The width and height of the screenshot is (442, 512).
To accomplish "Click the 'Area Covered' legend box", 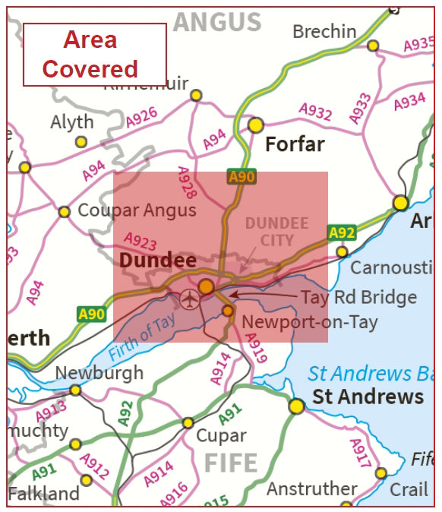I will pyautogui.click(x=94, y=55).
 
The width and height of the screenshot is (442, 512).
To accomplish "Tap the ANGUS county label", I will pyautogui.click(x=216, y=22).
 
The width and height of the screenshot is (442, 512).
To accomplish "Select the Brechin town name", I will pyautogui.click(x=324, y=32).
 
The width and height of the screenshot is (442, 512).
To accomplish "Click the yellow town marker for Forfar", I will pyautogui.click(x=256, y=125).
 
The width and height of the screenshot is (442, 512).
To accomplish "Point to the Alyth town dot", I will pyautogui.click(x=81, y=141).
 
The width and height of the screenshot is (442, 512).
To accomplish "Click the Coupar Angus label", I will pyautogui.click(x=137, y=210).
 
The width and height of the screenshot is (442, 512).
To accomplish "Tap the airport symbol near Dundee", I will pyautogui.click(x=188, y=299).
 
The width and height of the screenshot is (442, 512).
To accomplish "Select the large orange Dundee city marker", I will pyautogui.click(x=206, y=286).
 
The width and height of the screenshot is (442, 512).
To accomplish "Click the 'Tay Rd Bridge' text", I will pyautogui.click(x=358, y=297).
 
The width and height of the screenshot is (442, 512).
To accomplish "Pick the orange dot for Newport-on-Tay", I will pyautogui.click(x=227, y=310).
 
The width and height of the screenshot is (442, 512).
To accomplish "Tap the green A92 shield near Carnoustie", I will pyautogui.click(x=342, y=232).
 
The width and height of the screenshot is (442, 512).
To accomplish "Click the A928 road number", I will pyautogui.click(x=186, y=182).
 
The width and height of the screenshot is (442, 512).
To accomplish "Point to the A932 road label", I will pyautogui.click(x=315, y=112).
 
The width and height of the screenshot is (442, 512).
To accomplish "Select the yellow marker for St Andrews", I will pyautogui.click(x=296, y=406).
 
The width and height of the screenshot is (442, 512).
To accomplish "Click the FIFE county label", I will pyautogui.click(x=230, y=462).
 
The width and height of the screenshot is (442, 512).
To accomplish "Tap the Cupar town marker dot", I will pyautogui.click(x=188, y=422).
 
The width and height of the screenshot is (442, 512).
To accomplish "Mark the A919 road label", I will pyautogui.click(x=257, y=346).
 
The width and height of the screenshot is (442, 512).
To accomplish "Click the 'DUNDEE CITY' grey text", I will pyautogui.click(x=276, y=232).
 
